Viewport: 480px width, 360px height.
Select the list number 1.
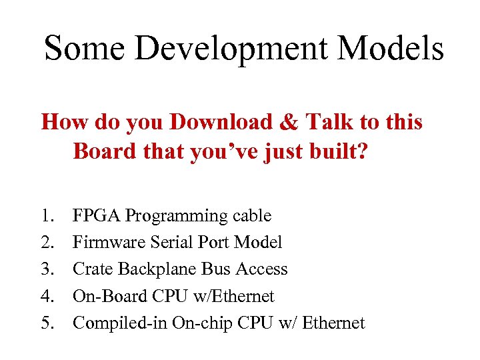click(47, 216)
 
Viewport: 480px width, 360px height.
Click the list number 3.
click(47, 269)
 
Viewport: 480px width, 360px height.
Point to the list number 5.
click(47, 323)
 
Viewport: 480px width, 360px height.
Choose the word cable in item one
click(252, 216)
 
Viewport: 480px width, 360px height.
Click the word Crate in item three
click(93, 269)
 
